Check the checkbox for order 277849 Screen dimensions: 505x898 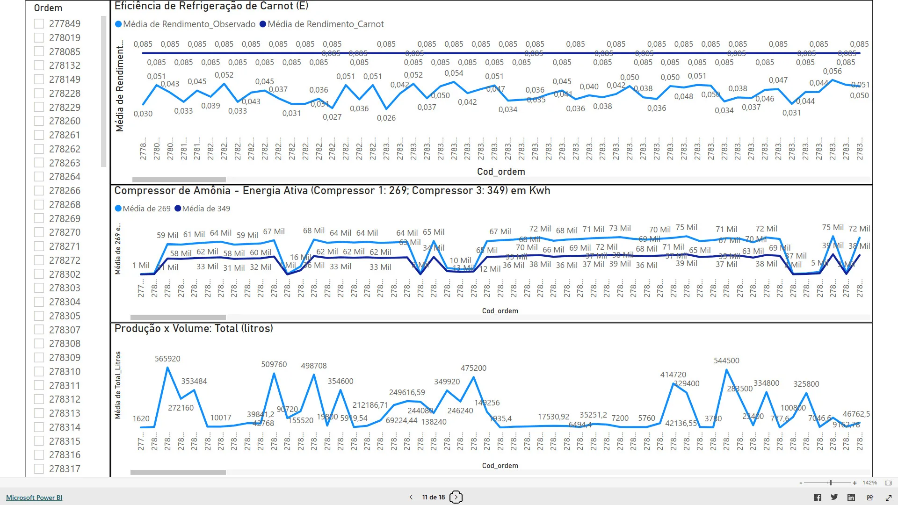tap(39, 23)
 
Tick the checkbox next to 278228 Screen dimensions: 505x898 tap(39, 93)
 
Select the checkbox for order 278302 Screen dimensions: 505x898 tap(39, 274)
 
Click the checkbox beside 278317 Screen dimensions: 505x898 tap(39, 469)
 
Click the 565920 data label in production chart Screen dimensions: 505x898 tap(167, 359)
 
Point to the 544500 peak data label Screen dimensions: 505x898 tap(726, 361)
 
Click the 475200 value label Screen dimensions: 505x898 tap(473, 368)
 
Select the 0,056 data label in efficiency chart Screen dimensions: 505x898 tap(832, 71)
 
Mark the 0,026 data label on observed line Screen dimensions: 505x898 tap(386, 118)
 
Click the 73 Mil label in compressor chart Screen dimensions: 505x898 tap(620, 228)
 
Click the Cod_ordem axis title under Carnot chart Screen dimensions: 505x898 tap(501, 172)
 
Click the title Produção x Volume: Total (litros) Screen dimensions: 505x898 tap(194, 328)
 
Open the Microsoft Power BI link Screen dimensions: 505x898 tap(34, 498)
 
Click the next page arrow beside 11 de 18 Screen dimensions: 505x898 tap(456, 497)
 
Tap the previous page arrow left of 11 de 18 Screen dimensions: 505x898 tap(411, 497)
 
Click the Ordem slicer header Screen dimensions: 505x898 tap(48, 8)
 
